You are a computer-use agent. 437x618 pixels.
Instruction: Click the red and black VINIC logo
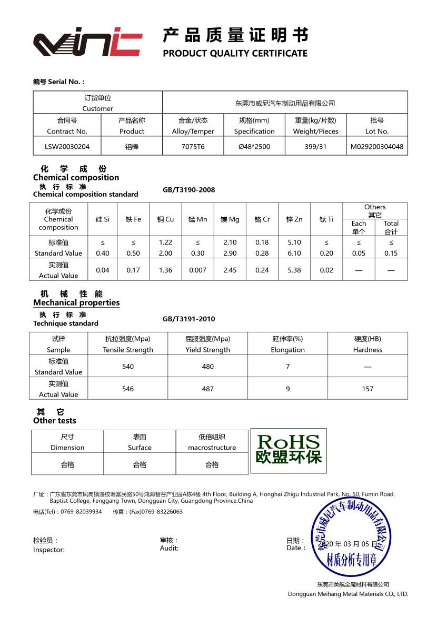tap(88, 43)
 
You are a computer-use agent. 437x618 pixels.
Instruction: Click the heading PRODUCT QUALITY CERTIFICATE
tap(235, 53)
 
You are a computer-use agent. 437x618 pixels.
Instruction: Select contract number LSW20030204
tap(67, 147)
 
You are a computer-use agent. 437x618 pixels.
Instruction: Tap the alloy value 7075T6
tap(193, 147)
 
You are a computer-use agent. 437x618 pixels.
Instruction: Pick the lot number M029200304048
tap(377, 147)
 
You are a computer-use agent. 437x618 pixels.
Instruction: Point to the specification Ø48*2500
tap(254, 147)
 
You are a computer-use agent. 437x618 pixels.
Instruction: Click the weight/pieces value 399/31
tap(315, 147)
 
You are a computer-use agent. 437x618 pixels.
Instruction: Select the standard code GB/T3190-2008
tap(188, 190)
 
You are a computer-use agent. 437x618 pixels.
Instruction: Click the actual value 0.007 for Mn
tap(197, 270)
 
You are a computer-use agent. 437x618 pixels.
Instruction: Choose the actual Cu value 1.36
tap(165, 270)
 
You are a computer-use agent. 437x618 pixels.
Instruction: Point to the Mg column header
tap(230, 219)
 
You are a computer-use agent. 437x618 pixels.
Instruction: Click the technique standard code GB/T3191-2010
tap(188, 319)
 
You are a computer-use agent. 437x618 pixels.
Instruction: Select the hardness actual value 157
tap(368, 389)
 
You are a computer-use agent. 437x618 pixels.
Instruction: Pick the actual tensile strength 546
tap(128, 389)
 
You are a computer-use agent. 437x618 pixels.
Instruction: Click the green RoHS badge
tap(288, 448)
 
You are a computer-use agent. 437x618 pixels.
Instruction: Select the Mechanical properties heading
tap(76, 303)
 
